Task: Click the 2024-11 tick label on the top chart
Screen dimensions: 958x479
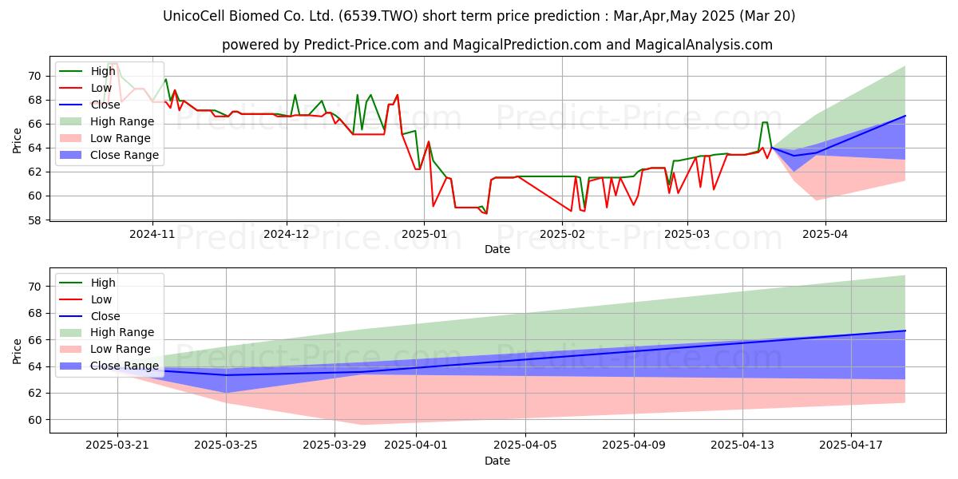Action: click(152, 235)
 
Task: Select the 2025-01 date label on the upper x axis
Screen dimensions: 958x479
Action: click(424, 235)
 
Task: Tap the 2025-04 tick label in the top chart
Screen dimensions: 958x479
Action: click(825, 235)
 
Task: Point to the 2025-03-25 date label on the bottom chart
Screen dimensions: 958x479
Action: click(226, 445)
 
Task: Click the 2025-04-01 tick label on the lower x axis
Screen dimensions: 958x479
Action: click(416, 445)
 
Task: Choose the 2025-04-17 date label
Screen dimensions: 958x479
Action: click(851, 445)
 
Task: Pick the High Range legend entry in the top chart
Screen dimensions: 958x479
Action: click(106, 121)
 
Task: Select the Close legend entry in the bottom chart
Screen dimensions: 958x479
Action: click(89, 316)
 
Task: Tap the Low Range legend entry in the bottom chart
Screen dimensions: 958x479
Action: click(105, 349)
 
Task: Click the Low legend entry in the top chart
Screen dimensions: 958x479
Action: click(85, 88)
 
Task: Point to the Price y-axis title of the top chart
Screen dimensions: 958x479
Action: click(17, 141)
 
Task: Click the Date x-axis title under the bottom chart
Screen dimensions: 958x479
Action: click(497, 461)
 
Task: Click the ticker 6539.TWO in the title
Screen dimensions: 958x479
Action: click(378, 16)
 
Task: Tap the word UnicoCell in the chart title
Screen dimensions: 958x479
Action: click(195, 16)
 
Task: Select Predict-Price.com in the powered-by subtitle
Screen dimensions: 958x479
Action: click(362, 45)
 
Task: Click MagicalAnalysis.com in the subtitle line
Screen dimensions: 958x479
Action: click(704, 45)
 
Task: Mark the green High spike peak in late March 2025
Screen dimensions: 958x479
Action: click(765, 122)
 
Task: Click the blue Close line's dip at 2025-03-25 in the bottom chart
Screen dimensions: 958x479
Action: click(226, 375)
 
